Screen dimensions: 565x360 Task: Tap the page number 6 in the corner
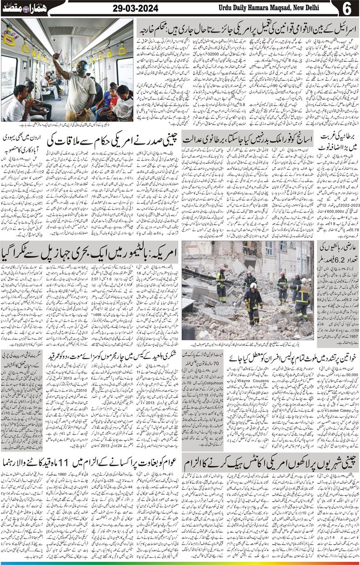(x=350, y=9)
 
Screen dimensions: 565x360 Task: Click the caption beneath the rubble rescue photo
(x=248, y=344)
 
